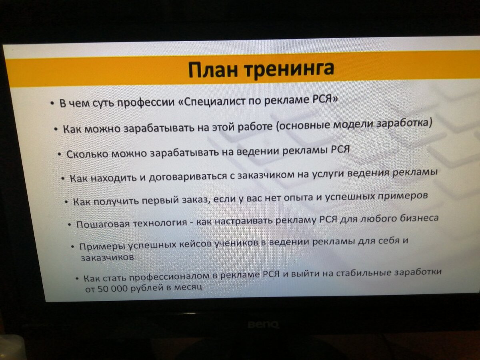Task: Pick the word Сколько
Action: (87, 154)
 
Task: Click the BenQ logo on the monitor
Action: (262, 324)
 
